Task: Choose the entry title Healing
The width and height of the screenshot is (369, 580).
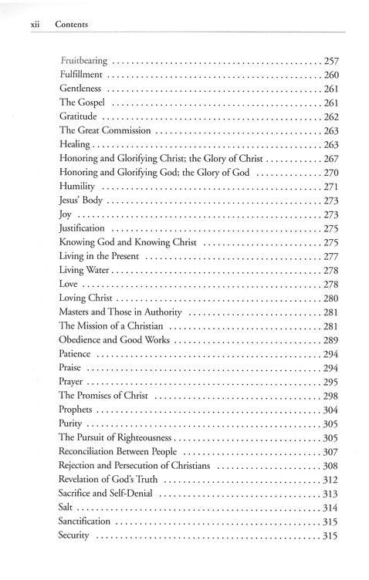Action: click(x=75, y=144)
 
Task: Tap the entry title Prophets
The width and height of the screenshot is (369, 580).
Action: click(x=78, y=410)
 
